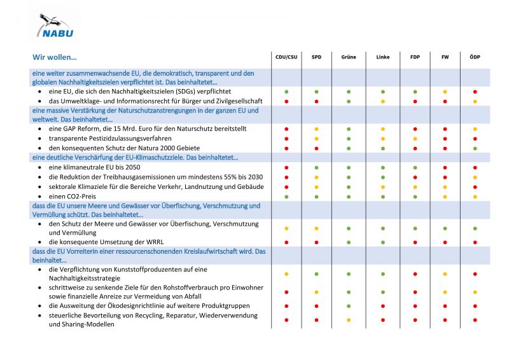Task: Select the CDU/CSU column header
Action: coord(286,57)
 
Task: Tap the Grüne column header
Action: coord(349,57)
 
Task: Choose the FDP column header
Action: coord(415,57)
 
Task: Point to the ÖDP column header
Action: coord(475,57)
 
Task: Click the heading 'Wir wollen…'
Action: coord(54,57)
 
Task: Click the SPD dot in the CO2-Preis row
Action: coord(316,197)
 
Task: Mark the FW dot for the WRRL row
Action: coord(445,242)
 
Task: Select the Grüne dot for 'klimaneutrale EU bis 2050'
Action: coord(349,168)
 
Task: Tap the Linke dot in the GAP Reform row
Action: coord(382,129)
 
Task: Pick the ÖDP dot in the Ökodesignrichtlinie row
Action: coord(475,307)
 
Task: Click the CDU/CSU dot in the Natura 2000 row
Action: coord(286,148)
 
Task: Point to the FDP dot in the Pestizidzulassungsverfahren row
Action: coord(415,139)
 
